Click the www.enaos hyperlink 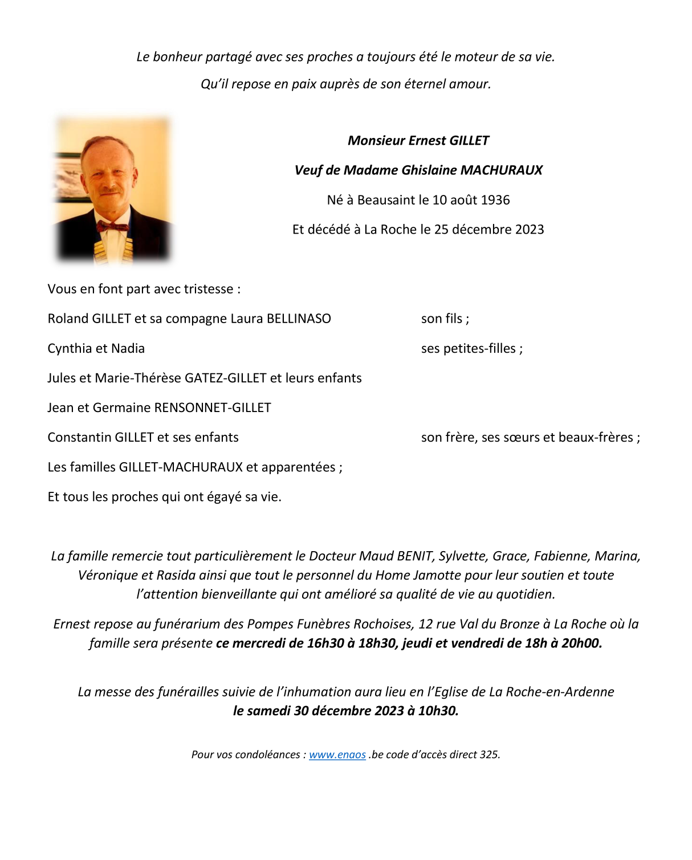(337, 755)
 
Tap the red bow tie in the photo (112, 226)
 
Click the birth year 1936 (495, 200)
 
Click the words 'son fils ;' (445, 319)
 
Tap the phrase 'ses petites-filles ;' (471, 348)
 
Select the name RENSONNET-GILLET (213, 407)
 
